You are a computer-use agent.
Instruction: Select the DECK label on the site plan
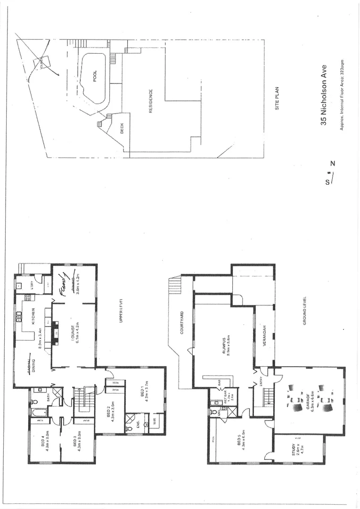click(x=122, y=129)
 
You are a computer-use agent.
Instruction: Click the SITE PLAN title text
click(x=278, y=98)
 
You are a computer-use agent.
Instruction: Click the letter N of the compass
click(x=333, y=164)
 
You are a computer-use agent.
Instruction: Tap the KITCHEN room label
click(x=34, y=320)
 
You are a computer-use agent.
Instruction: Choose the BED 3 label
click(x=75, y=442)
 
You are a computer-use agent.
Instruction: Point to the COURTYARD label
click(x=182, y=323)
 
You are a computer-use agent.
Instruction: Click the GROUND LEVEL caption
click(x=305, y=311)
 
